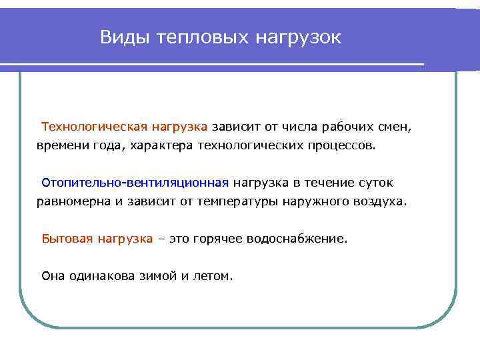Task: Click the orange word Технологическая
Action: (x=93, y=126)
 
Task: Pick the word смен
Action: (x=396, y=126)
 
